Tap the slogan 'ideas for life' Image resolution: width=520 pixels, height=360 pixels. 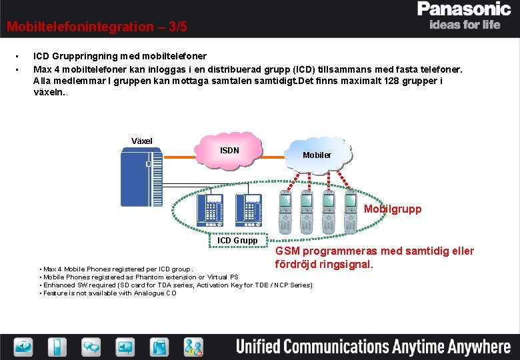[x=465, y=25]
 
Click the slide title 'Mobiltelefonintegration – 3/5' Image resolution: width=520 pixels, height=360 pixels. [x=97, y=27]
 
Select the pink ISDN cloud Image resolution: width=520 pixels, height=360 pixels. [x=229, y=152]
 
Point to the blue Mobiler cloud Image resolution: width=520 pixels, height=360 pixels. [x=317, y=155]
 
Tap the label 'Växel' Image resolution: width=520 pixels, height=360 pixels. [x=142, y=141]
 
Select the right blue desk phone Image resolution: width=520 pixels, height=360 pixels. [x=251, y=207]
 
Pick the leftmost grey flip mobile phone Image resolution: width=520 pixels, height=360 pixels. [x=285, y=207]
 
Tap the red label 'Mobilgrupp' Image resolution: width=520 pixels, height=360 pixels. [x=393, y=209]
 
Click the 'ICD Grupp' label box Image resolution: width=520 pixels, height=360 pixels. [x=242, y=240]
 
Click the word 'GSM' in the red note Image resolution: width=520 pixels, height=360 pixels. [x=289, y=251]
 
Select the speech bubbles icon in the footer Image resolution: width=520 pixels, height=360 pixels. [x=91, y=346]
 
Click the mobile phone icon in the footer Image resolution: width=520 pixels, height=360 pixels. [x=57, y=346]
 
